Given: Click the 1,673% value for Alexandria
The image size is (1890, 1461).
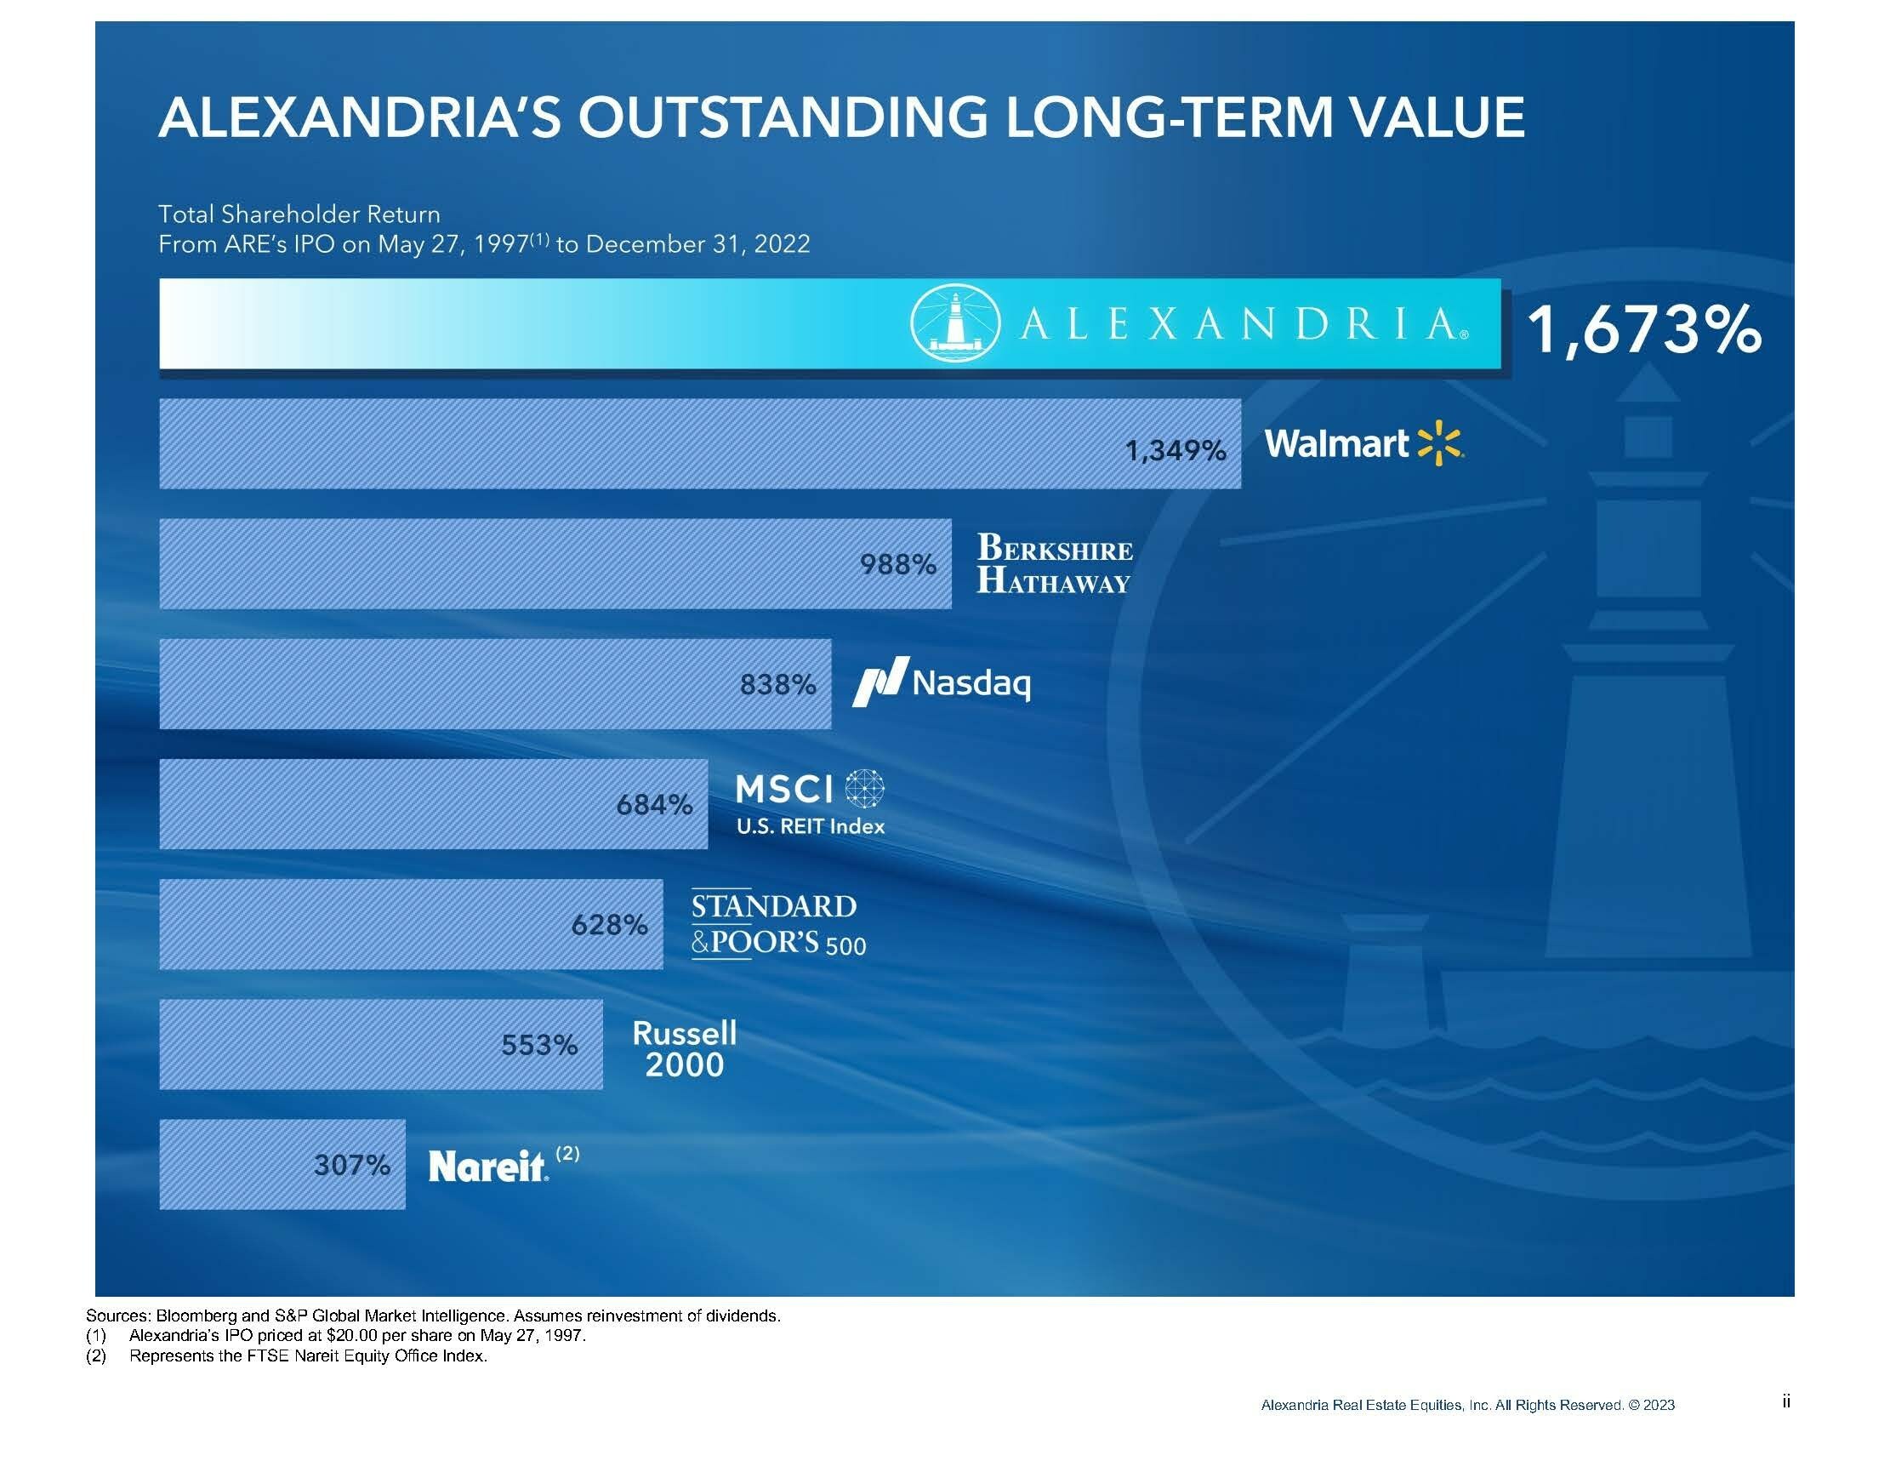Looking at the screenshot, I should [x=1642, y=330].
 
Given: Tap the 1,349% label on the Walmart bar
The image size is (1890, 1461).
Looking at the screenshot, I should [x=1176, y=451].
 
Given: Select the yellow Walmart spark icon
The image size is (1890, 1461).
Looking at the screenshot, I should [x=1439, y=443].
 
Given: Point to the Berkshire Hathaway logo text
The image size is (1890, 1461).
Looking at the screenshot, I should [x=1054, y=563].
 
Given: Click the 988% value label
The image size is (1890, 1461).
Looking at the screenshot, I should [x=897, y=565].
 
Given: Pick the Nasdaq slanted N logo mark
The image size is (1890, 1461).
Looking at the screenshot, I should [x=880, y=682].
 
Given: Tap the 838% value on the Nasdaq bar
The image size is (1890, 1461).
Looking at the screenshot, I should [x=777, y=685].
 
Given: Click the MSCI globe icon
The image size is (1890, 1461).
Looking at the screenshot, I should [x=863, y=789].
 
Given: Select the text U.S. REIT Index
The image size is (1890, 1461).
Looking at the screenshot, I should [x=810, y=826].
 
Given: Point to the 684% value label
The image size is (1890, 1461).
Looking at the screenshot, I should [x=654, y=805].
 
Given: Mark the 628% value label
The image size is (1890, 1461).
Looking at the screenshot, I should [x=609, y=925].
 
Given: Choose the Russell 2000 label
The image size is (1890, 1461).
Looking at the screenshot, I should [x=685, y=1048].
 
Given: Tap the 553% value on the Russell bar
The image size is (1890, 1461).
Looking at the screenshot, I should [x=539, y=1046].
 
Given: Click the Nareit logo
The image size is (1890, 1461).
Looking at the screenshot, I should [x=488, y=1166].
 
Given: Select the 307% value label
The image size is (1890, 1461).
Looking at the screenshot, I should [x=351, y=1165].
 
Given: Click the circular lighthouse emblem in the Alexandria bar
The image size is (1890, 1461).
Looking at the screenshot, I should [x=954, y=322].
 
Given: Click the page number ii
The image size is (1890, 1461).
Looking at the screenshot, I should [x=1785, y=1401].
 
